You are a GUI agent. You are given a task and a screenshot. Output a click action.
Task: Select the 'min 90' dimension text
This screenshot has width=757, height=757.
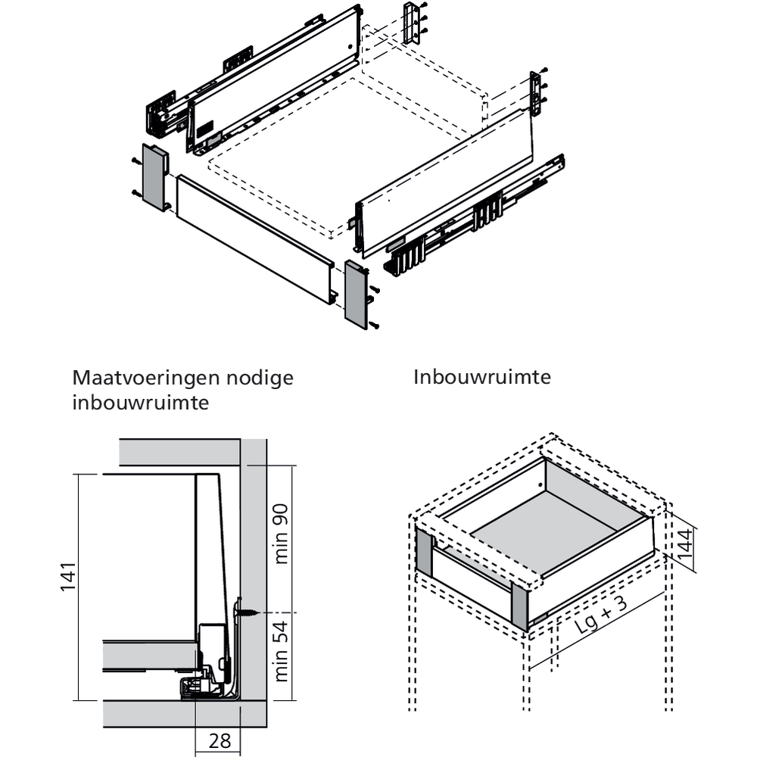click(283, 534)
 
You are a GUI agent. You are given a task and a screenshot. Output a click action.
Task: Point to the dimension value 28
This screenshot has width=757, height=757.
click(220, 740)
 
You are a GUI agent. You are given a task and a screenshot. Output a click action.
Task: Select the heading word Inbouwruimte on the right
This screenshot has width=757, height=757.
click(482, 377)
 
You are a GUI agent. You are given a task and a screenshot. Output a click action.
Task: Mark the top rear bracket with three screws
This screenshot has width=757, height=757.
click(412, 23)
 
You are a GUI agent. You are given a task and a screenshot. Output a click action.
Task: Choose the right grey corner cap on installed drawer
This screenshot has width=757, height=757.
click(521, 606)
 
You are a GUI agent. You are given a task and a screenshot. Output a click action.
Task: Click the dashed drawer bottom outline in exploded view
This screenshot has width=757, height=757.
click(333, 151)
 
